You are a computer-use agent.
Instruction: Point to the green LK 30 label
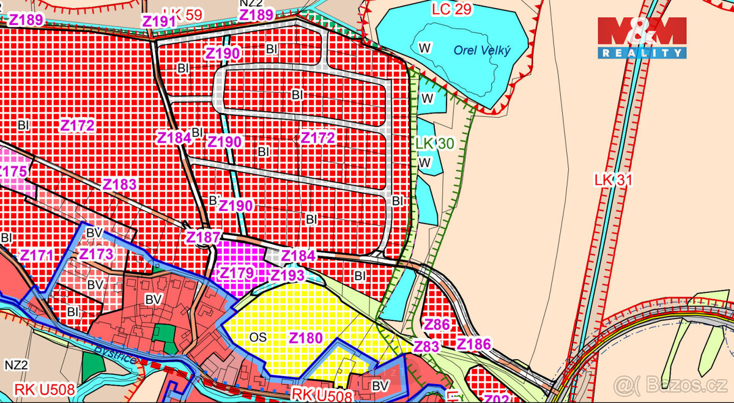[x=434, y=143]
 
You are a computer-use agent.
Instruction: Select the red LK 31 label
[x=612, y=180]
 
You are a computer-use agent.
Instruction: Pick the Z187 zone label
[x=203, y=237]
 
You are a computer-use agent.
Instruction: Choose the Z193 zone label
[x=287, y=275]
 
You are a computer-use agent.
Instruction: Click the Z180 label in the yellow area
[x=305, y=338]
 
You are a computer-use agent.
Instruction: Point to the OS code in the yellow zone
[x=258, y=337]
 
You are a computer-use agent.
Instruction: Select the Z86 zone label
[x=437, y=325]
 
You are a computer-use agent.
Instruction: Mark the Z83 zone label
[x=426, y=346]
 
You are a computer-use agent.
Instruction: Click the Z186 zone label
[x=474, y=344]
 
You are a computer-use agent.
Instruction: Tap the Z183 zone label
[x=119, y=185]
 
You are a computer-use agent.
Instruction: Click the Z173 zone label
[x=97, y=253]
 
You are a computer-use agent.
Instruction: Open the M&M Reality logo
[x=642, y=38]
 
